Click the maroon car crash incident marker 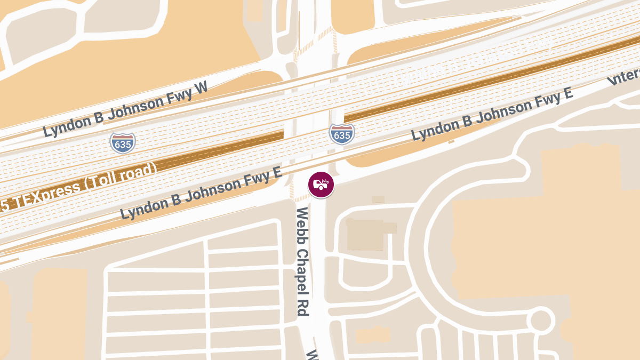[x=321, y=185]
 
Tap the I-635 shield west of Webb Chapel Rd [x=123, y=142]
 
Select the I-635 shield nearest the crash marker [x=341, y=134]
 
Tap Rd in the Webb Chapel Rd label [x=303, y=307]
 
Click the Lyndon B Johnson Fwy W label [x=125, y=109]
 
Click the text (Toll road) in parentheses [x=118, y=177]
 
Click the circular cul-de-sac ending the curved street [x=540, y=321]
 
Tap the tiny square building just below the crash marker [x=378, y=199]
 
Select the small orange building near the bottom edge [x=372, y=335]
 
